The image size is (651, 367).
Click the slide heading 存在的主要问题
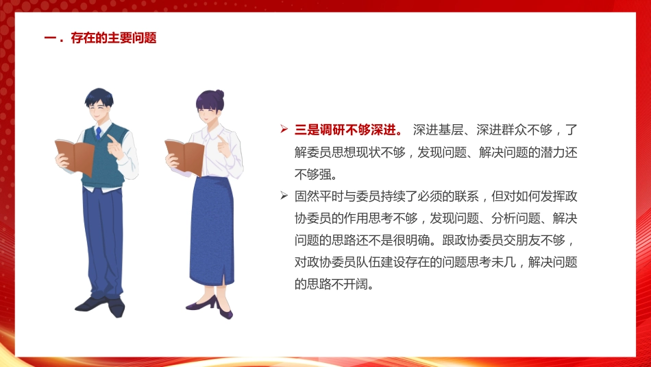coord(113,38)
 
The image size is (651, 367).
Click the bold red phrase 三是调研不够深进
coord(347,129)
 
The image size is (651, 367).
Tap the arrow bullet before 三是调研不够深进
coord(284,129)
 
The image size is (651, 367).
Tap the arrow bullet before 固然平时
coord(284,196)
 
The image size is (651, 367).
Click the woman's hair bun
coord(219,94)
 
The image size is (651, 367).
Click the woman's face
coord(210,110)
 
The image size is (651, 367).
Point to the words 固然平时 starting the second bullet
coord(317,196)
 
